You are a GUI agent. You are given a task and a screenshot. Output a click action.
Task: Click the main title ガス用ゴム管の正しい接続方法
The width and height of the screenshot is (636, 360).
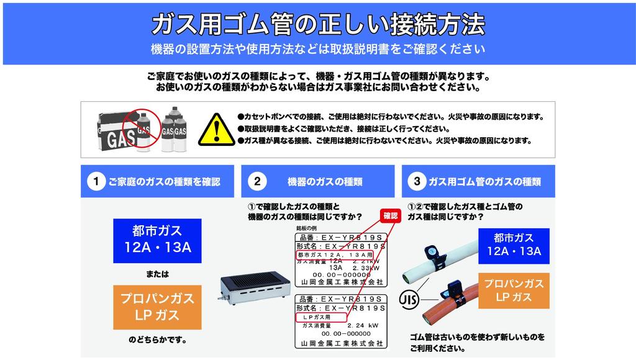(317, 24)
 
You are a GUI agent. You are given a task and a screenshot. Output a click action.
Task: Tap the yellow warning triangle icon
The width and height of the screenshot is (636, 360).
(216, 129)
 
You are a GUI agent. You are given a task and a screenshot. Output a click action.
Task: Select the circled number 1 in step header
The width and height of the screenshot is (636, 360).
(96, 181)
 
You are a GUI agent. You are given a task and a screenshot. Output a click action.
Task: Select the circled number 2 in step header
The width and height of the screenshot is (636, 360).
(257, 181)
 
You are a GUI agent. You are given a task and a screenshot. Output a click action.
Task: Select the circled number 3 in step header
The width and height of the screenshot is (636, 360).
(416, 181)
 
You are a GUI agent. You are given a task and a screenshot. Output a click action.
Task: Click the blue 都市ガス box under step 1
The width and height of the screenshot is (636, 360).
(157, 240)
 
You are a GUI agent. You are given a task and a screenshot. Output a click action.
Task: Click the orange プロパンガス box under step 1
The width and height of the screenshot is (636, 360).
(157, 307)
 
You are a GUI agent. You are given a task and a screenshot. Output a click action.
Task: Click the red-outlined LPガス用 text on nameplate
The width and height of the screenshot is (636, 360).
(314, 317)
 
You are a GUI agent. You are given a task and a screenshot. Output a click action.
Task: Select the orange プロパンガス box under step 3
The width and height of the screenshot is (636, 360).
(514, 290)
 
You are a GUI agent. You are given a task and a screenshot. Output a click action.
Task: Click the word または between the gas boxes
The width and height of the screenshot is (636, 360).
(157, 274)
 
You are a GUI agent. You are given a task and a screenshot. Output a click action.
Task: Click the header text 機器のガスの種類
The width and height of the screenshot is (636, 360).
(325, 181)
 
